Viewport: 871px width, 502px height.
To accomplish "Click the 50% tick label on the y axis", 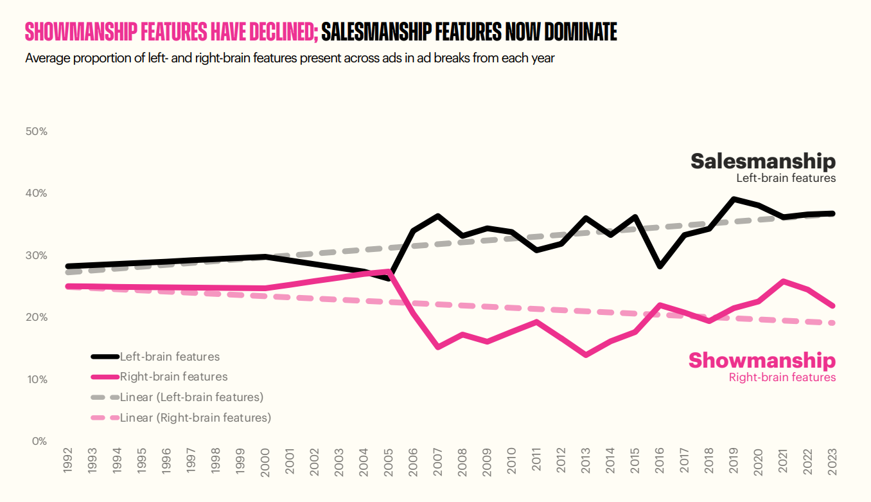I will pyautogui.click(x=36, y=132).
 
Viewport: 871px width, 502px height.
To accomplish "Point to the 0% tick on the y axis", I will pyautogui.click(x=39, y=442).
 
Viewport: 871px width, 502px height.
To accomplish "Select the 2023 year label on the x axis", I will pyautogui.click(x=833, y=462).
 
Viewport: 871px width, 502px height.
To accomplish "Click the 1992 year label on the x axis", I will pyautogui.click(x=67, y=462).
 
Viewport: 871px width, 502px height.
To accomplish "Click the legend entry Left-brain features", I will pyautogui.click(x=170, y=357).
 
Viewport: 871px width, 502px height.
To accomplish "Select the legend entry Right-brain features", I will pyautogui.click(x=173, y=377).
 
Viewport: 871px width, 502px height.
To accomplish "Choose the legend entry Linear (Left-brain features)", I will pyautogui.click(x=191, y=397).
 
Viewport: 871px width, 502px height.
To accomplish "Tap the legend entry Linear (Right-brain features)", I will pyautogui.click(x=195, y=418).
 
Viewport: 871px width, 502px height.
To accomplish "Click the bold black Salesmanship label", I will pyautogui.click(x=763, y=161).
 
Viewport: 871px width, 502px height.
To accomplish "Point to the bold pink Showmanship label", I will pyautogui.click(x=762, y=360).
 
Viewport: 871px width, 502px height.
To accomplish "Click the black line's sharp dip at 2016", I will pyautogui.click(x=660, y=265).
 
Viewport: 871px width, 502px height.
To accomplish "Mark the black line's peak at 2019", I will pyautogui.click(x=734, y=199).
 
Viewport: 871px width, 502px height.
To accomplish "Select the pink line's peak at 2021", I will pyautogui.click(x=784, y=281).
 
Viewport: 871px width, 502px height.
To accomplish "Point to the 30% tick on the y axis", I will pyautogui.click(x=36, y=256).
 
